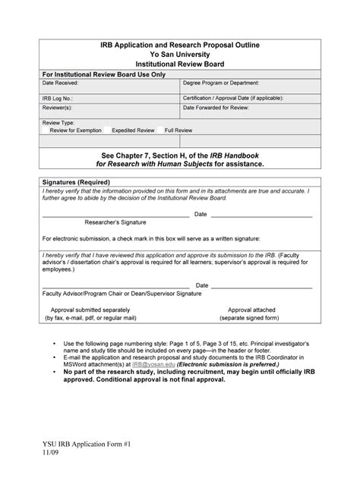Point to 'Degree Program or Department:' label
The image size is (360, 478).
tap(221, 83)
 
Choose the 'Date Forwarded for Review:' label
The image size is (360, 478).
tap(216, 108)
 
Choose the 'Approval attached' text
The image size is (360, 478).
tap(251, 310)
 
